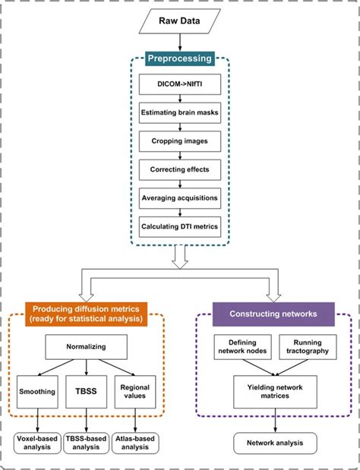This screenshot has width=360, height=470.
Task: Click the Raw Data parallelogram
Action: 180,22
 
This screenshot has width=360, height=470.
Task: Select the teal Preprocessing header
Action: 180,58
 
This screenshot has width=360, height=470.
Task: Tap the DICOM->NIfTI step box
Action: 180,87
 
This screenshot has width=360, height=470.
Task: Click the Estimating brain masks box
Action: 180,114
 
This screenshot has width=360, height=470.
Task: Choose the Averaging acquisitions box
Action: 180,197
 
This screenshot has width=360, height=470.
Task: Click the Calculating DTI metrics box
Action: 180,226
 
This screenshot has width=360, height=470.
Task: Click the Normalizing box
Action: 85,348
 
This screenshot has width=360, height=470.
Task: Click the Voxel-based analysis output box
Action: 37,442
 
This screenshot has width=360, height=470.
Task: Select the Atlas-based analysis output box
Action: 134,442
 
